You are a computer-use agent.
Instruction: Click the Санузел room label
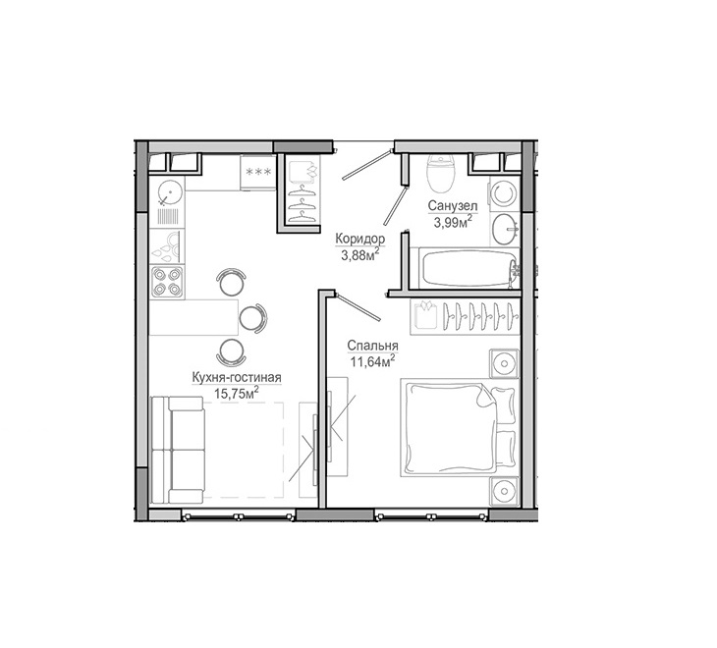coord(453,205)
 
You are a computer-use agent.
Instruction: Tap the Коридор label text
coord(360,239)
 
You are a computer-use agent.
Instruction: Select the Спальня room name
coord(372,346)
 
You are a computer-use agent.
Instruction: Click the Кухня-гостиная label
coord(237,378)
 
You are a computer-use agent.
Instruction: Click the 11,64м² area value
coord(372,361)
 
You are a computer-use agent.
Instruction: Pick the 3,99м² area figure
coord(453,222)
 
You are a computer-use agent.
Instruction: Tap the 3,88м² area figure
coord(360,254)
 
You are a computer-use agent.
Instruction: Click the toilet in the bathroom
coord(441,174)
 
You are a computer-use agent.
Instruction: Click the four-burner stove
coord(167,282)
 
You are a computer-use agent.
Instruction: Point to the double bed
coord(459,427)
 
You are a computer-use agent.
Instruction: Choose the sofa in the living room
coord(178,451)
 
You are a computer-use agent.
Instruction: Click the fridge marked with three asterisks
coord(258,172)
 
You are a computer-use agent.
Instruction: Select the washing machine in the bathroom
coord(505,193)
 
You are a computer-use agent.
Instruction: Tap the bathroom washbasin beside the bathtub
coord(506,229)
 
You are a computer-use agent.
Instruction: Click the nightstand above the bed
coord(505,363)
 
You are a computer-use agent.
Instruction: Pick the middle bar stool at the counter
coord(252,317)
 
